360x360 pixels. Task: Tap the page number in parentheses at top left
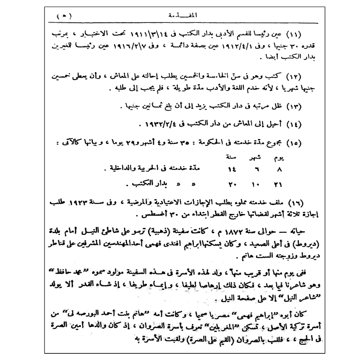63,15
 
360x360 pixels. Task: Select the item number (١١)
294,34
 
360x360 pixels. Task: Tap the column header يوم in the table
278,158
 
